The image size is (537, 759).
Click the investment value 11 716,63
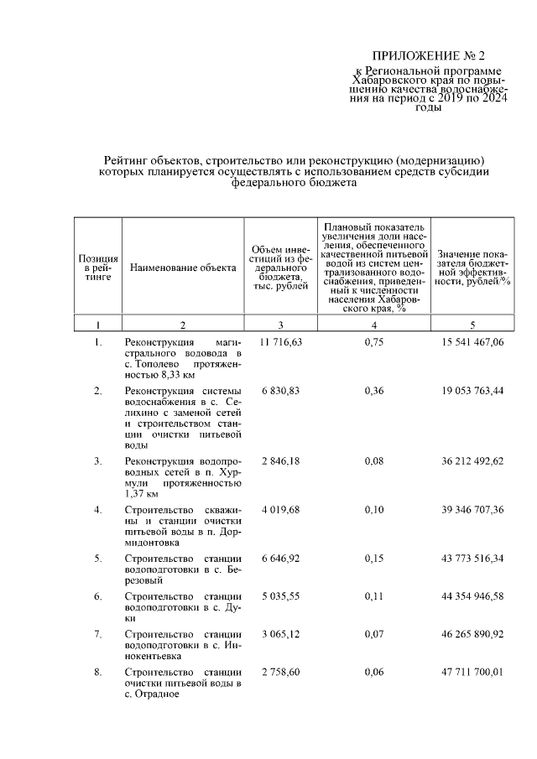point(281,342)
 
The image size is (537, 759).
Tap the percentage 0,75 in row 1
point(374,342)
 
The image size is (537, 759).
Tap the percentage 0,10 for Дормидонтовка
point(374,509)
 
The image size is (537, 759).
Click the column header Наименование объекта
point(183,268)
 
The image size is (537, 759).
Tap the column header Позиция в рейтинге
point(98,268)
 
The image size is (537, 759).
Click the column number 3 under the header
point(281,325)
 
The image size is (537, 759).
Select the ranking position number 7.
point(98,634)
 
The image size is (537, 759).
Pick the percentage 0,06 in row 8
point(374,673)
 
